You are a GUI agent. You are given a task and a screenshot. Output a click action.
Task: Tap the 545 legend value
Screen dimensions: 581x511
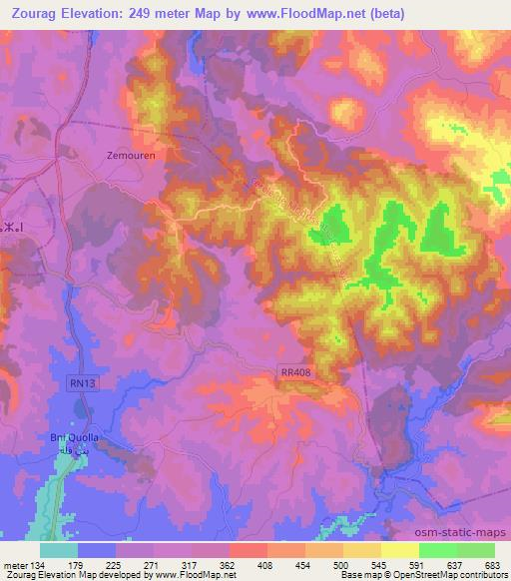point(380,564)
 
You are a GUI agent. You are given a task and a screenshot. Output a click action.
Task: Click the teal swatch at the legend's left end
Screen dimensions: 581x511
point(59,550)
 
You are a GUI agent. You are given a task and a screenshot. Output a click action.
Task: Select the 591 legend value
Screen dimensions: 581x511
point(418,564)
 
